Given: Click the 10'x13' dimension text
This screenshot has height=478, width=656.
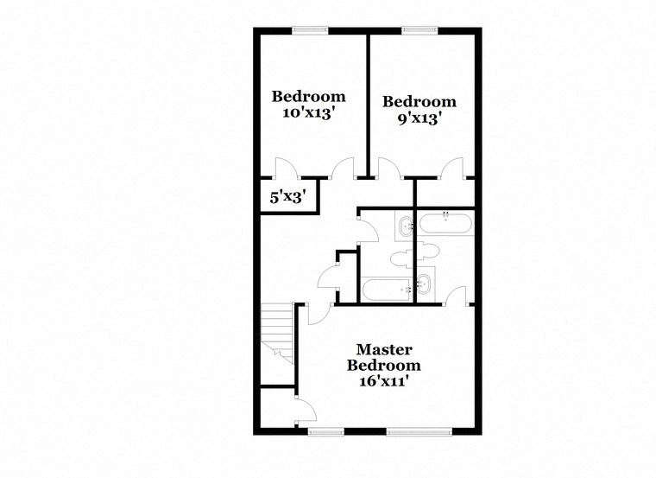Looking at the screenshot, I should pyautogui.click(x=308, y=112).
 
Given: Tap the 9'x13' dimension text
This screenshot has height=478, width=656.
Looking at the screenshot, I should pyautogui.click(x=419, y=118).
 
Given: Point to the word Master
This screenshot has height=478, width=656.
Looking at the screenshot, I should pyautogui.click(x=384, y=349).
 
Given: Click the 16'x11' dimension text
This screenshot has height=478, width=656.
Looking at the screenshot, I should pyautogui.click(x=384, y=381).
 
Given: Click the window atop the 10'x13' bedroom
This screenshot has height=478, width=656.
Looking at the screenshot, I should pyautogui.click(x=310, y=30).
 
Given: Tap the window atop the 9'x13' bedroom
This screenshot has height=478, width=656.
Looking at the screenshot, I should pyautogui.click(x=419, y=30).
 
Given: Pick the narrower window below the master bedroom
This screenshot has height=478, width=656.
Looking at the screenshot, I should pyautogui.click(x=326, y=430).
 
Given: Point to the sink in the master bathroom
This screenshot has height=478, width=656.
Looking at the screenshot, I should pyautogui.click(x=425, y=283).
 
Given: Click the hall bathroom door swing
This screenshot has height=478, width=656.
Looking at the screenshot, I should pyautogui.click(x=367, y=228).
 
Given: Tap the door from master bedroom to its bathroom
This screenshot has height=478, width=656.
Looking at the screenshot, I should pyautogui.click(x=457, y=296).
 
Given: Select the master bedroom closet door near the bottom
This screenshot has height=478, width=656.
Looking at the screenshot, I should pyautogui.click(x=304, y=411).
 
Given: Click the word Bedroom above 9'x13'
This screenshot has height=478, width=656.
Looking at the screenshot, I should pyautogui.click(x=419, y=101).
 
